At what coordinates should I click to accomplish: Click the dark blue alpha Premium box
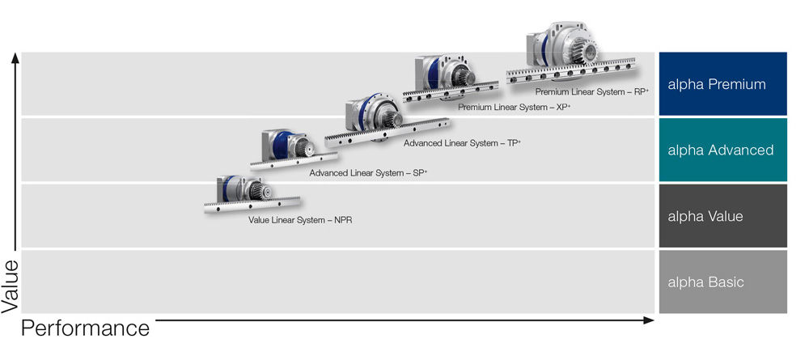pyautogui.click(x=722, y=83)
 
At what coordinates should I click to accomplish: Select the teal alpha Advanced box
pyautogui.click(x=722, y=150)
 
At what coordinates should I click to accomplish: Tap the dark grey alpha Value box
pyautogui.click(x=722, y=215)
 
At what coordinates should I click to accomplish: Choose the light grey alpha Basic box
pyautogui.click(x=722, y=282)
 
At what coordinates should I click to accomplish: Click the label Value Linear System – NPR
pyautogui.click(x=300, y=220)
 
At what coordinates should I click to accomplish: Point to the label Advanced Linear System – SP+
pyautogui.click(x=368, y=173)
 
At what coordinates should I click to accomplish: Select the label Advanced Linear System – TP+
pyautogui.click(x=462, y=143)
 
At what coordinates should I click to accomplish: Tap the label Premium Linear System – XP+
pyautogui.click(x=514, y=108)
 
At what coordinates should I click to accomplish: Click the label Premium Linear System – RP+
pyautogui.click(x=592, y=91)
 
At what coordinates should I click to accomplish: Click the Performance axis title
pyautogui.click(x=85, y=328)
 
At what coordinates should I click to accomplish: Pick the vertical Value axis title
pyautogui.click(x=10, y=286)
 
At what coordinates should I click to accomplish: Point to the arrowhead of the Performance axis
pyautogui.click(x=649, y=320)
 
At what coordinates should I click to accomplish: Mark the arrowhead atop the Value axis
pyautogui.click(x=15, y=57)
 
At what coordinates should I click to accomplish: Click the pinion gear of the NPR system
pyautogui.click(x=257, y=192)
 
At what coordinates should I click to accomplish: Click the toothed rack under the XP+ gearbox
pyautogui.click(x=451, y=91)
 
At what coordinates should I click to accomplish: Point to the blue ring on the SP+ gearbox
pyautogui.click(x=280, y=146)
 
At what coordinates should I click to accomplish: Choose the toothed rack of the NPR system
pyautogui.click(x=252, y=205)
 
